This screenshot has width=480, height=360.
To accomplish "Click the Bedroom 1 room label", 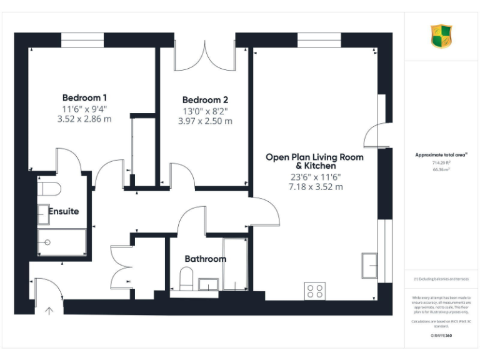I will pyautogui.click(x=84, y=97).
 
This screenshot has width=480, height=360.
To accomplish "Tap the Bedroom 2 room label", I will pyautogui.click(x=205, y=100).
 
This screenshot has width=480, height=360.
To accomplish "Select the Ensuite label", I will pyautogui.click(x=64, y=211).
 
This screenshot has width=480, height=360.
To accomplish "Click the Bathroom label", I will pyautogui.click(x=205, y=259).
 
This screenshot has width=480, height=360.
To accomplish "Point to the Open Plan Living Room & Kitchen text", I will pyautogui.click(x=314, y=162).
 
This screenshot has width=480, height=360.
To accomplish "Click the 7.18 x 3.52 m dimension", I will pyautogui.click(x=315, y=186).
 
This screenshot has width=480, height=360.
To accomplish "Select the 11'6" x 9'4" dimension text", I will pyautogui.click(x=84, y=109).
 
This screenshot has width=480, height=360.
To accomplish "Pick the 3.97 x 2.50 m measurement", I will pyautogui.click(x=205, y=121).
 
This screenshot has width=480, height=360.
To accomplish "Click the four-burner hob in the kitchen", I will pyautogui.click(x=314, y=291).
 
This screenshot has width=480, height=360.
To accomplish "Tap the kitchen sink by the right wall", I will pyautogui.click(x=369, y=266).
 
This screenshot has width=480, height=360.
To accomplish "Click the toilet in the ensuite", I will pyautogui.click(x=48, y=189).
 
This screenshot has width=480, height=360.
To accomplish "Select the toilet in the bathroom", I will pyautogui.click(x=186, y=279).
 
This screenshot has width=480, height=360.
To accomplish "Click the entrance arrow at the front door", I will pyautogui.click(x=49, y=309).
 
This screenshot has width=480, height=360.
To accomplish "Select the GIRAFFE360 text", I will pyautogui.click(x=442, y=336).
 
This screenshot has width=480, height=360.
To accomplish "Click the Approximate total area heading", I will pyautogui.click(x=441, y=154).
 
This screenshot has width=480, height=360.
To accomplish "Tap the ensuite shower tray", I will pyautogui.click(x=61, y=242).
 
